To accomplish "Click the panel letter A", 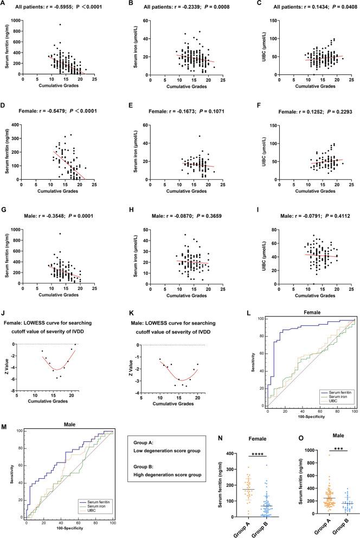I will tap(3, 5).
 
